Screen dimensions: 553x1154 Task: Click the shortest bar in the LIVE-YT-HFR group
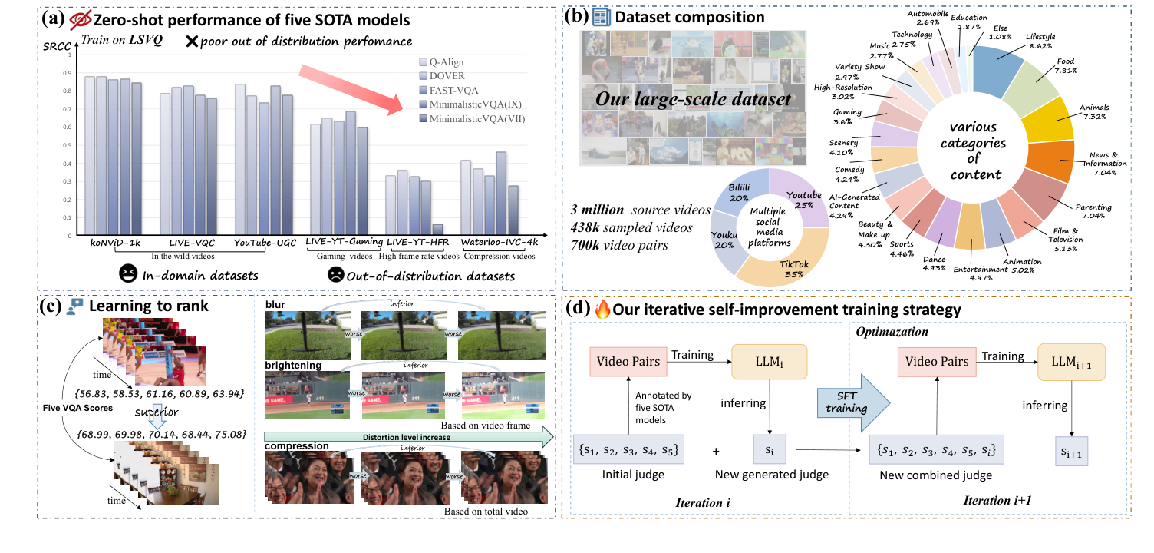tap(437, 230)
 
